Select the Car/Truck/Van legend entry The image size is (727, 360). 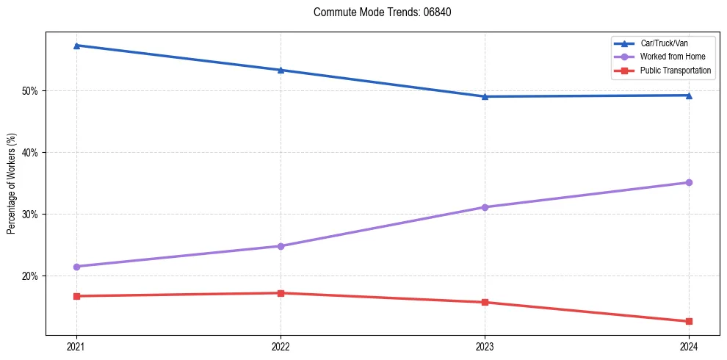[x=664, y=43]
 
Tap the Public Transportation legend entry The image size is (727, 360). [x=675, y=71]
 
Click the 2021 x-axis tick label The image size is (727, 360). [x=76, y=346]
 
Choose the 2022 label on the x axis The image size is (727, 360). [x=281, y=346]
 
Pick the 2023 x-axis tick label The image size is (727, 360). [x=485, y=346]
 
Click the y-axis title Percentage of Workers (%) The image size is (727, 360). [x=12, y=184]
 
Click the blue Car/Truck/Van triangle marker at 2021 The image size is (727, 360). [x=76, y=46]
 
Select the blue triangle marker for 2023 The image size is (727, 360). [x=485, y=96]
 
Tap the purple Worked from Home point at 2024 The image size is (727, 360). [x=689, y=182]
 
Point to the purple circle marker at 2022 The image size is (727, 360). [x=281, y=246]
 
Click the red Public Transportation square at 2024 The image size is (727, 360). [x=689, y=321]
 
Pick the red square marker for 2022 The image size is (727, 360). [x=281, y=293]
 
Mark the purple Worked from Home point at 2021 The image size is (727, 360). [x=76, y=266]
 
